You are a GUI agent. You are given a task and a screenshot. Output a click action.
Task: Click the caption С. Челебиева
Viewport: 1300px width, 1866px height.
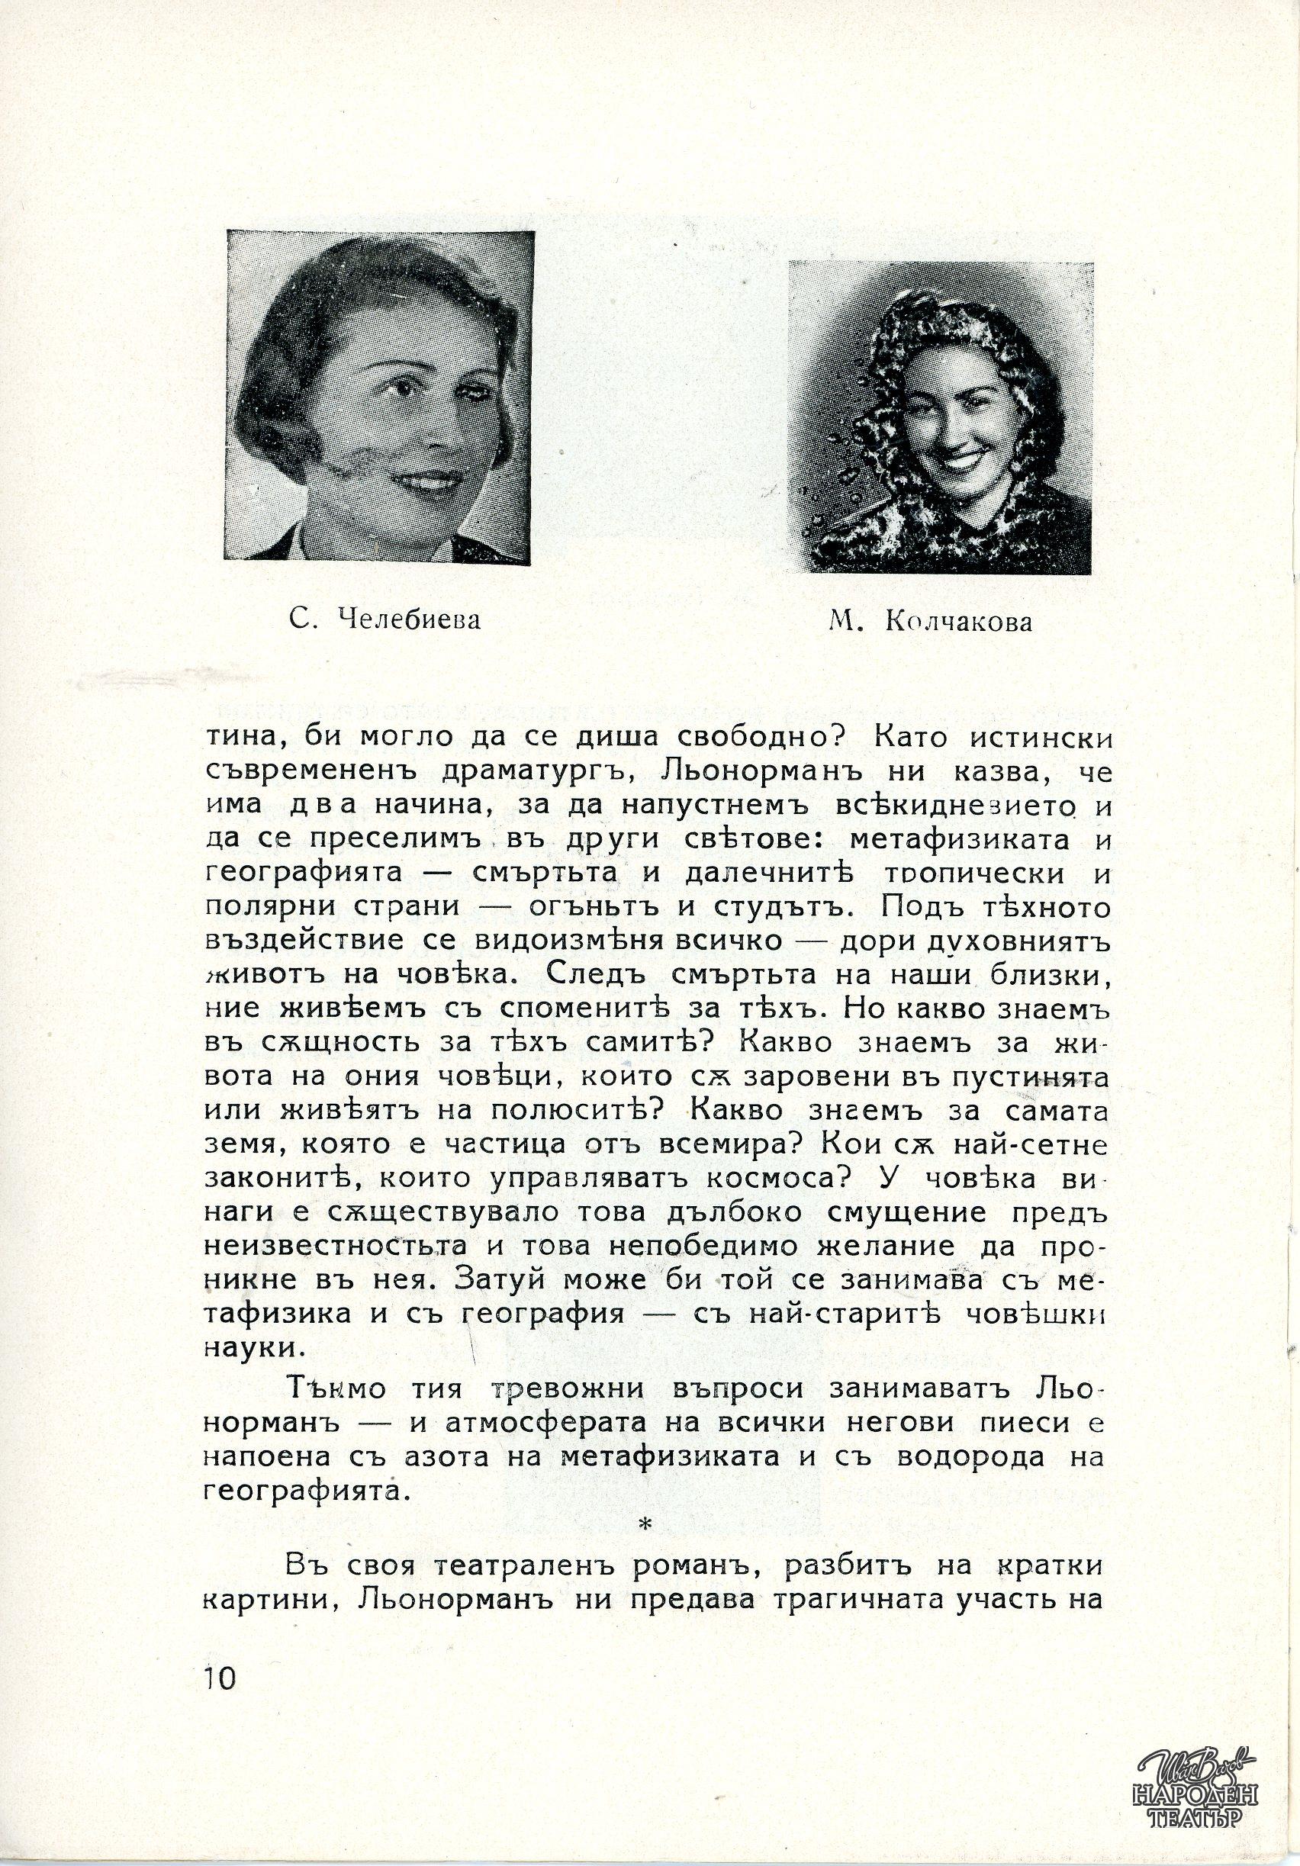385,620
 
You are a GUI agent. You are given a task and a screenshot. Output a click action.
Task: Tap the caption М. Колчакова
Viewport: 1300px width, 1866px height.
930,623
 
